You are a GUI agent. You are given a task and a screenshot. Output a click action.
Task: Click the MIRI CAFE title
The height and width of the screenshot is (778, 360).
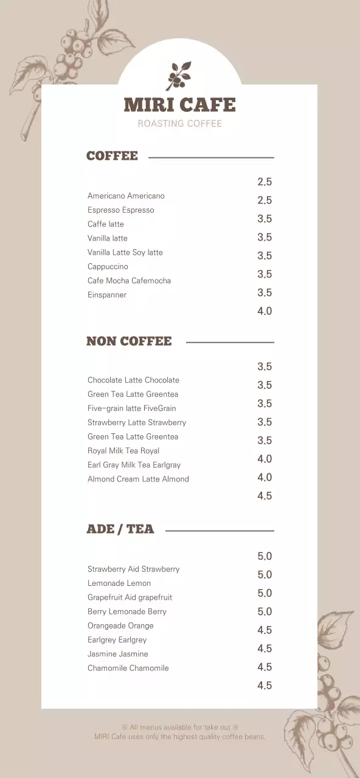coord(179,105)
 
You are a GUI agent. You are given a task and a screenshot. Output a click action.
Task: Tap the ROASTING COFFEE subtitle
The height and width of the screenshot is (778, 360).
coord(179,123)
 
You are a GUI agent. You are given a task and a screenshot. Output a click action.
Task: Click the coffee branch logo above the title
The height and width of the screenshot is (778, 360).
coord(179,75)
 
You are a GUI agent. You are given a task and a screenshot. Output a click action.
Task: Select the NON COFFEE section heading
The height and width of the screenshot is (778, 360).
coord(129,341)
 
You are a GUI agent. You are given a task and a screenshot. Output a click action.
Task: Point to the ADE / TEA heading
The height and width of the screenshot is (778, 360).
coord(120,529)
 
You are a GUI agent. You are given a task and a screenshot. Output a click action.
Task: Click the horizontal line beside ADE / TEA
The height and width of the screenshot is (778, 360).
coord(220,531)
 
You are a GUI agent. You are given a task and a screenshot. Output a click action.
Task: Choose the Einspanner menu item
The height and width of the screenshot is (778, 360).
coord(107,295)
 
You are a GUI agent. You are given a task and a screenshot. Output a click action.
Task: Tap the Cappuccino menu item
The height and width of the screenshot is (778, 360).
coord(108,266)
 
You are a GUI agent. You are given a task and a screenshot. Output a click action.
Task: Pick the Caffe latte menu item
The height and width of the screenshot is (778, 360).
coord(106,224)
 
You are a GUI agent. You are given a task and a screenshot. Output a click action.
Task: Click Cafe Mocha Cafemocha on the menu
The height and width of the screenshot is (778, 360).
coord(129,280)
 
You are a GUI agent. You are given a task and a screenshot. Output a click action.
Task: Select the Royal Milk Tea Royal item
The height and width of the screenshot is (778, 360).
coord(123,450)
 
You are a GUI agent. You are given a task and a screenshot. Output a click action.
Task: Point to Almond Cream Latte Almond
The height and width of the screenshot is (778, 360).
coord(138,479)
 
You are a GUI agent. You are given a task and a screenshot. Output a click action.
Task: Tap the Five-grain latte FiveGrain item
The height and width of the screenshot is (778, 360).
coord(131,408)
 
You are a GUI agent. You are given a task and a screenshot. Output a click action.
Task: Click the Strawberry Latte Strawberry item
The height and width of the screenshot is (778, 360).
coord(137,422)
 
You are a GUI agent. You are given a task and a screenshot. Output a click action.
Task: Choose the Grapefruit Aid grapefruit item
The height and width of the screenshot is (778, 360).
coord(130,597)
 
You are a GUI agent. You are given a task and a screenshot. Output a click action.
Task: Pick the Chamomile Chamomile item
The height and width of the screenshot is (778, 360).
coord(128,668)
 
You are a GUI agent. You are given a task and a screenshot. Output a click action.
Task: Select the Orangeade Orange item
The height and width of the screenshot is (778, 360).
coord(120,625)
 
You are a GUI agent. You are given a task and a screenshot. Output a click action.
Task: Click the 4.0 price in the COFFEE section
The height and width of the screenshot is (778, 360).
coord(265,311)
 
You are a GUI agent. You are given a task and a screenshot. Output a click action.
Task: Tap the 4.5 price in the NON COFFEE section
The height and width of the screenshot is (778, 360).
coord(265,496)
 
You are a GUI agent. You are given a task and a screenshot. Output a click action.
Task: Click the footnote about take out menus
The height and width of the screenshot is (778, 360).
coord(179,726)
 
